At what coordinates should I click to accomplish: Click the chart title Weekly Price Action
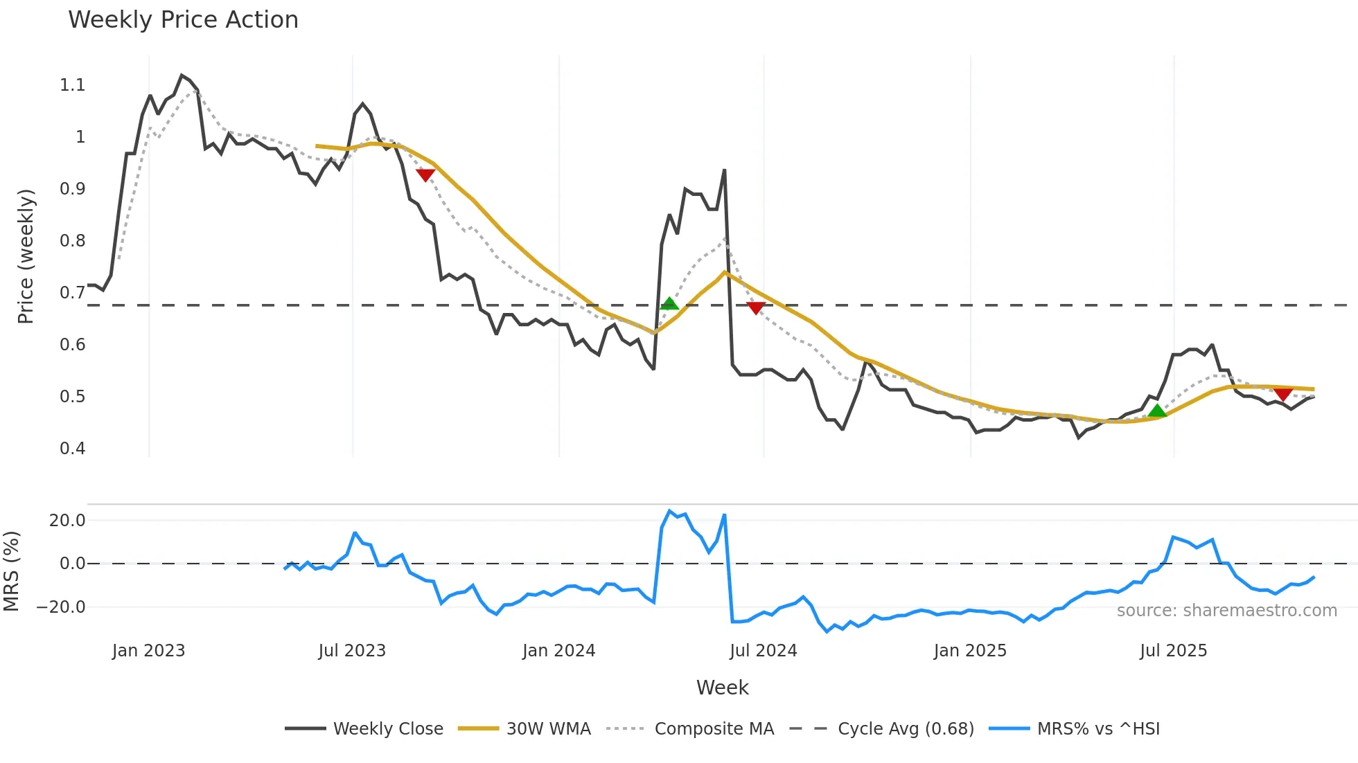[183, 20]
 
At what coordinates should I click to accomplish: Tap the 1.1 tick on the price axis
[72, 85]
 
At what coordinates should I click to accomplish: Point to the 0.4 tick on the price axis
[72, 449]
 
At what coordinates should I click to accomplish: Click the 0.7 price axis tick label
[72, 293]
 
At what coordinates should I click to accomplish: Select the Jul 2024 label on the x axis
[763, 651]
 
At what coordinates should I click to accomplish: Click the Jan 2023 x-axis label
[148, 651]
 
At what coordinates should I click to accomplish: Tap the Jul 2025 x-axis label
[1173, 651]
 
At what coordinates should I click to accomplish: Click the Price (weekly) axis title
[26, 256]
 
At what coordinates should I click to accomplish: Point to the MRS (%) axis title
[12, 571]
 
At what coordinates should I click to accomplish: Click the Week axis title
[722, 688]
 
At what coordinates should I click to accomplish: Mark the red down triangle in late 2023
[425, 175]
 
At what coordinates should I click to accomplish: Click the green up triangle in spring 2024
[669, 303]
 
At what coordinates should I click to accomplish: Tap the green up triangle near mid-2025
[1156, 411]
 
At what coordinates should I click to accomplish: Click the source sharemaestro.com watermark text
[1226, 611]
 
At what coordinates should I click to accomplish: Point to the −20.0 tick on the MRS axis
[61, 607]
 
